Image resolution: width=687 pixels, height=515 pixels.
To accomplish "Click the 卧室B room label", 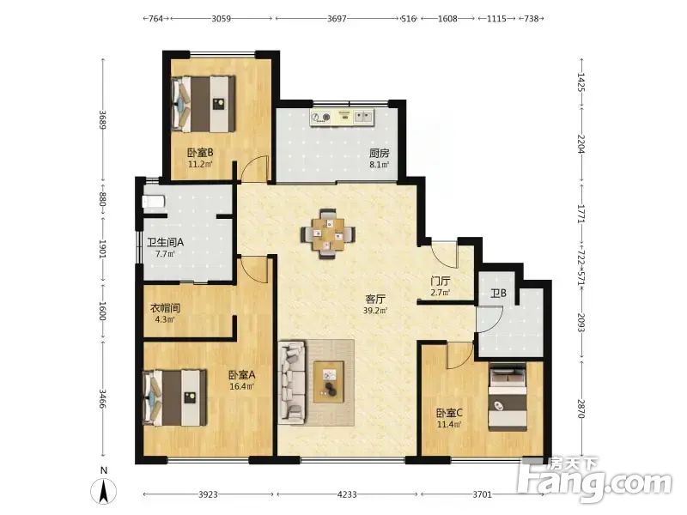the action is coord(200,153).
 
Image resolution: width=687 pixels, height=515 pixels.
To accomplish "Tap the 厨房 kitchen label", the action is coord(379,154).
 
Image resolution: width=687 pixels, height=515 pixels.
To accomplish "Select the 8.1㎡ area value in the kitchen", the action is coord(380,165).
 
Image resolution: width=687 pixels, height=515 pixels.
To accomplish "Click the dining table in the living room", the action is coord(328,234).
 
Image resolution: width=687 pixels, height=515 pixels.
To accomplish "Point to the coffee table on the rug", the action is coord(328,382).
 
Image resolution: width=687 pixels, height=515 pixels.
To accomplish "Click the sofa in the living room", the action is coord(293,383).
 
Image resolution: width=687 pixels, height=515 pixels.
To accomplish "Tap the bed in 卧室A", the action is coord(175,397).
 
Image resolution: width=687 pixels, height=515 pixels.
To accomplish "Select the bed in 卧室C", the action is coord(508,397).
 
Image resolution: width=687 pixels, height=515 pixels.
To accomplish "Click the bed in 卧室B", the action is coord(204,104).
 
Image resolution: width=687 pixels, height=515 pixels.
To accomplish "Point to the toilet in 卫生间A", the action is coord(154,202).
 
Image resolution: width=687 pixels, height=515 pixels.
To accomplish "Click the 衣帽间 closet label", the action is coord(165,308).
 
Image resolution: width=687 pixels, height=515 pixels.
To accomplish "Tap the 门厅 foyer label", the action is coord(440,282).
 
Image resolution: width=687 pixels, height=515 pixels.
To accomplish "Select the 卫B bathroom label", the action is coord(499,293).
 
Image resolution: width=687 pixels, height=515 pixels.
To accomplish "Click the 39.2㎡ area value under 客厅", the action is coord(375,311).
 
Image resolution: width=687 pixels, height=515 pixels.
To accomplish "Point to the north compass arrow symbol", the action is coord(104,491).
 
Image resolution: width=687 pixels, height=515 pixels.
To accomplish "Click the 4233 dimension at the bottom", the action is coord(347,494).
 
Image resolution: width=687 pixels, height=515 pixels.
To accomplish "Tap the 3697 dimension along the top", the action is coord(337,18).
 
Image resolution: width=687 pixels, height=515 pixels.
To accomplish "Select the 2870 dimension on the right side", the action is coord(581,409).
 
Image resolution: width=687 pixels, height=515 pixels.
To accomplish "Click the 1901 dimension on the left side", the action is coord(102,248).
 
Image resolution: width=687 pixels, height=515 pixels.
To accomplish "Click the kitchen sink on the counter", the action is coord(364,117).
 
